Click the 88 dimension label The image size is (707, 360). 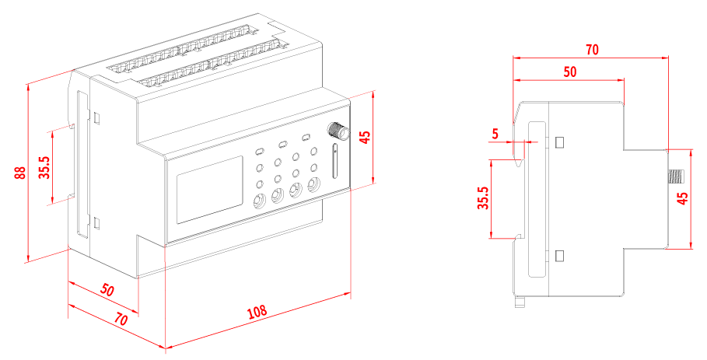point(21,173)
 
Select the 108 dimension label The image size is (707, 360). point(257,313)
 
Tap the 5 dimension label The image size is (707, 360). point(495,134)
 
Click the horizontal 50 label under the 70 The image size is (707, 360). point(570,72)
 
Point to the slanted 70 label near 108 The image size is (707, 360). point(121,319)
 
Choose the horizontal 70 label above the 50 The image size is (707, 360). point(592,50)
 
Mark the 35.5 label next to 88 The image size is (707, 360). point(44,167)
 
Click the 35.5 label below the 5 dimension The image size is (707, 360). point(483,198)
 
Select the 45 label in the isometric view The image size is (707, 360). point(365,138)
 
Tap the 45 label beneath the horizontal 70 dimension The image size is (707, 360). point(683,198)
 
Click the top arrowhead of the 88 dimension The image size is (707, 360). point(28,88)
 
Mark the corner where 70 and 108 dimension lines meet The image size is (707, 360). point(166,348)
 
